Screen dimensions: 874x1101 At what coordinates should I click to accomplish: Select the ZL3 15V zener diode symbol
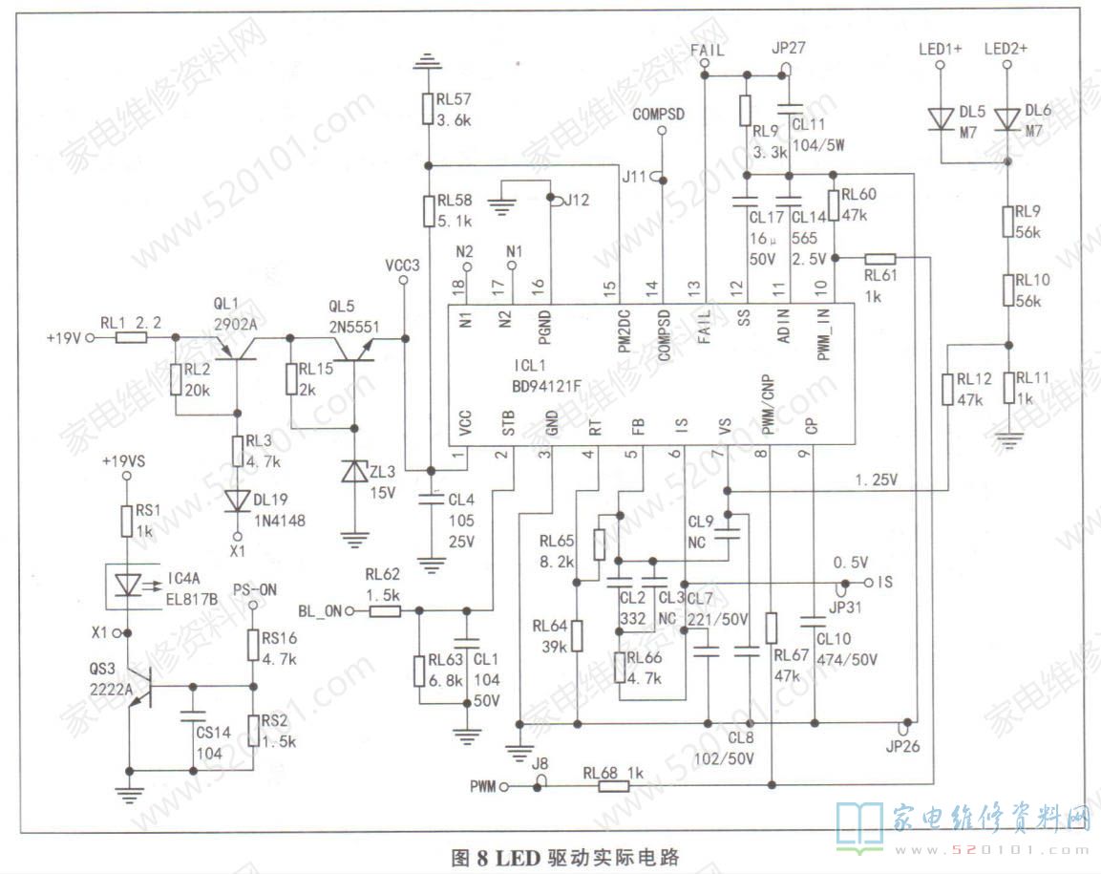pos(355,472)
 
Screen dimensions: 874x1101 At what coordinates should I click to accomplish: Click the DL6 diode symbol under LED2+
pos(1007,118)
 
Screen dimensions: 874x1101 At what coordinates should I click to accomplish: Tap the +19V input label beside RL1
pos(66,337)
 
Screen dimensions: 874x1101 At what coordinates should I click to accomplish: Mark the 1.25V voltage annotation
pos(876,480)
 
